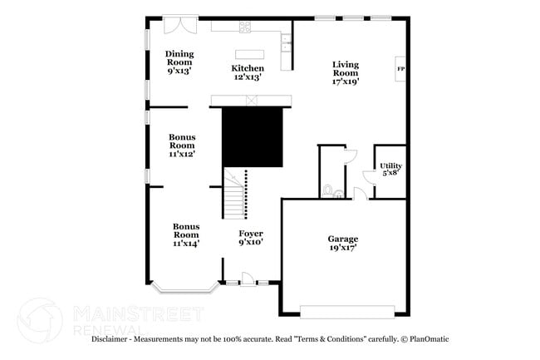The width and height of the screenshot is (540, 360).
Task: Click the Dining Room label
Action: click(x=179, y=62)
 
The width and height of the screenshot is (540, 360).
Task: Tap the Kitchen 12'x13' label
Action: click(x=248, y=72)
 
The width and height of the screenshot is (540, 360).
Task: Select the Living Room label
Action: click(x=346, y=73)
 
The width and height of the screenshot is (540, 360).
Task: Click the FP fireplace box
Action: click(x=400, y=68)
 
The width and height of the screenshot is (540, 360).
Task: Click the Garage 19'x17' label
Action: click(x=342, y=244)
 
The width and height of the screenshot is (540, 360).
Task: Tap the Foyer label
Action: click(x=251, y=238)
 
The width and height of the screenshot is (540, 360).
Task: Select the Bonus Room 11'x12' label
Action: click(x=182, y=145)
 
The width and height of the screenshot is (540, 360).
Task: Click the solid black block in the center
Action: click(x=253, y=136)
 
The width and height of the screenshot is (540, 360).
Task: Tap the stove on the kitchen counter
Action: click(x=246, y=27)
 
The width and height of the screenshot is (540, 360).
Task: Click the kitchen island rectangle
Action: click(x=249, y=54)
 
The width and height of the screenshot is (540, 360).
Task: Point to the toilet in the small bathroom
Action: click(x=330, y=191)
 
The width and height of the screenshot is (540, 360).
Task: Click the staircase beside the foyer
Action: click(x=234, y=193)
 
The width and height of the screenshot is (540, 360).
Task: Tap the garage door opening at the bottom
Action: click(x=346, y=311)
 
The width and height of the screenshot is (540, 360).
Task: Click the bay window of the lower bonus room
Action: click(x=188, y=288)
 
